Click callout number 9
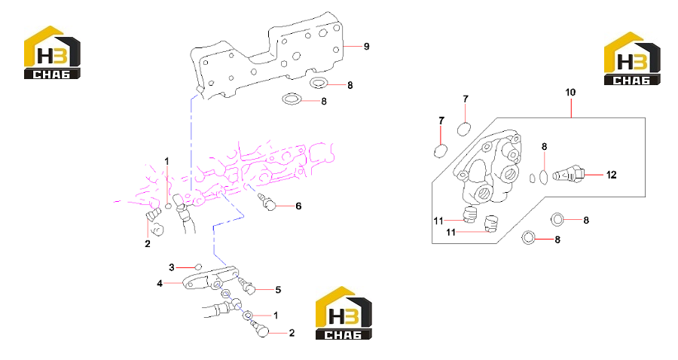tap(366, 47)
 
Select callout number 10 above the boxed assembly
tap(570, 93)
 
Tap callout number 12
tap(611, 175)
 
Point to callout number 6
tap(298, 206)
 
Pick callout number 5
tap(278, 290)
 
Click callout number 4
tap(160, 284)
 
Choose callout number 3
tap(171, 267)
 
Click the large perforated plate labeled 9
tap(268, 56)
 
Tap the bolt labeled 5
tap(247, 286)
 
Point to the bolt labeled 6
tap(267, 203)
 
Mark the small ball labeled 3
tap(198, 266)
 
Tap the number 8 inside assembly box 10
tap(544, 147)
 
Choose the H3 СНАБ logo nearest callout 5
tap(344, 313)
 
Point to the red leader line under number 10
tap(571, 108)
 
